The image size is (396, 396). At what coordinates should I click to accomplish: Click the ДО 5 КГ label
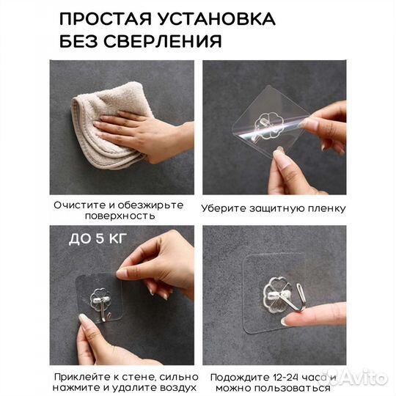(90, 238)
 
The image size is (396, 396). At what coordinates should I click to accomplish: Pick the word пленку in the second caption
(326, 208)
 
